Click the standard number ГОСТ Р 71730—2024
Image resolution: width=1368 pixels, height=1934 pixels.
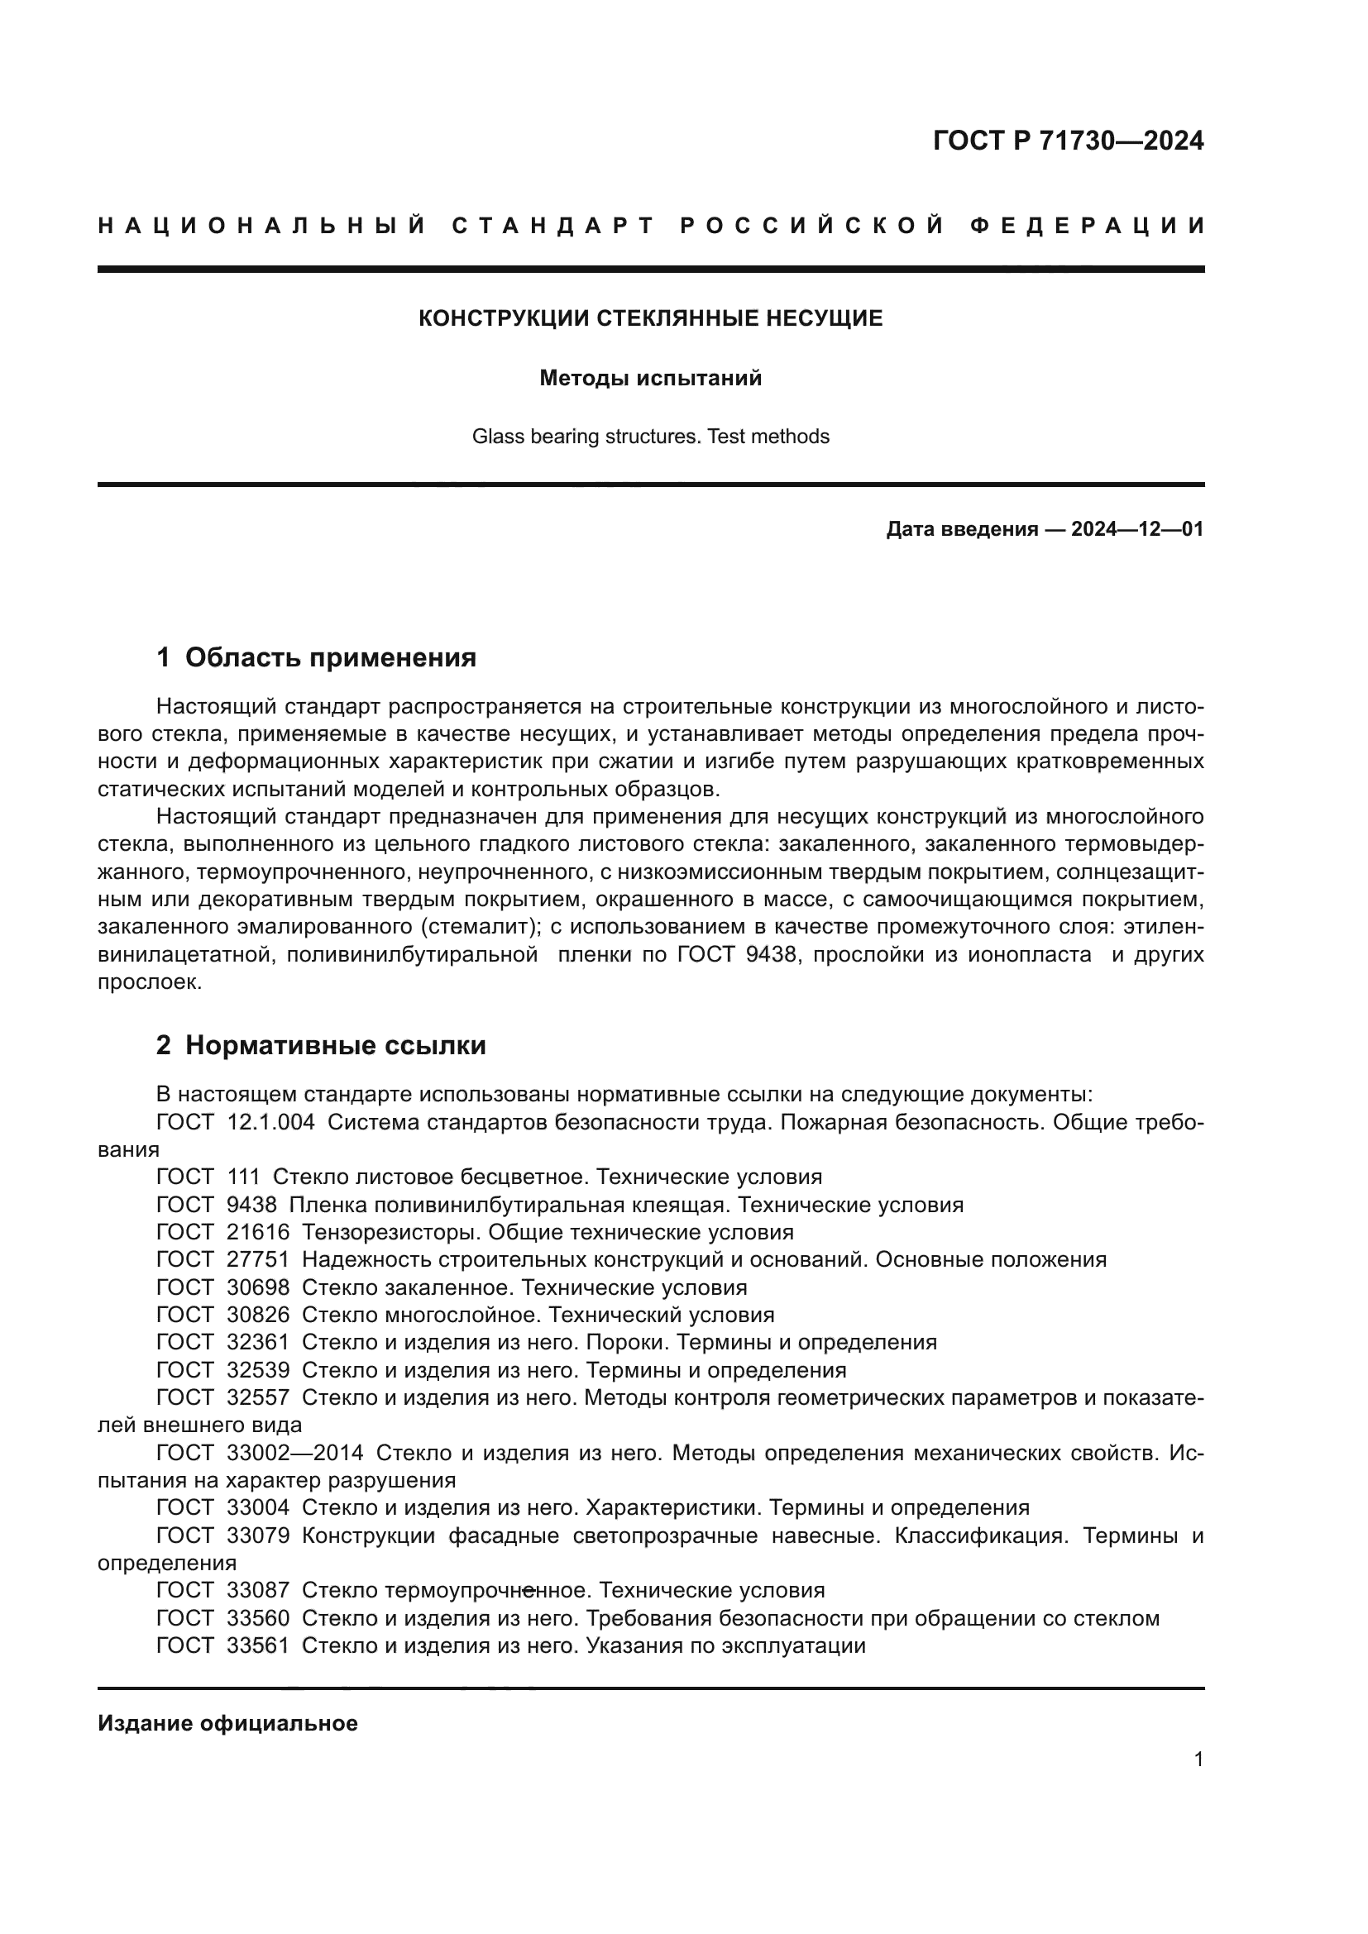(x=1067, y=141)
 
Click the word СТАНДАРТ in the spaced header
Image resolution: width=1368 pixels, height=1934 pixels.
(x=553, y=226)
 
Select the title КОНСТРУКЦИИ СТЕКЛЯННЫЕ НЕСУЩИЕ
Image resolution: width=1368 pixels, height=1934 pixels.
(x=650, y=318)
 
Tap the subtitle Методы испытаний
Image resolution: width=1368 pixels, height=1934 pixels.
(x=650, y=378)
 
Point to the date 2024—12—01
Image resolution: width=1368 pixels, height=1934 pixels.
(x=1136, y=529)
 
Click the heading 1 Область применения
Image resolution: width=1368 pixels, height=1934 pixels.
(x=317, y=658)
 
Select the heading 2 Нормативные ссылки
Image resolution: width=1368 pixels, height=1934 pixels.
(x=321, y=1045)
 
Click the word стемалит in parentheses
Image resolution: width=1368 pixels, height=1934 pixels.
(x=481, y=928)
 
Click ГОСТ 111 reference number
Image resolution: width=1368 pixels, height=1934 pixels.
(x=243, y=1177)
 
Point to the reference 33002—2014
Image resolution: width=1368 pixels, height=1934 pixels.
(x=294, y=1453)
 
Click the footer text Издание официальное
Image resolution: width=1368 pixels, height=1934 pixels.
(x=227, y=1723)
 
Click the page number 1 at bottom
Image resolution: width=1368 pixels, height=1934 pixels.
(x=1198, y=1760)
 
